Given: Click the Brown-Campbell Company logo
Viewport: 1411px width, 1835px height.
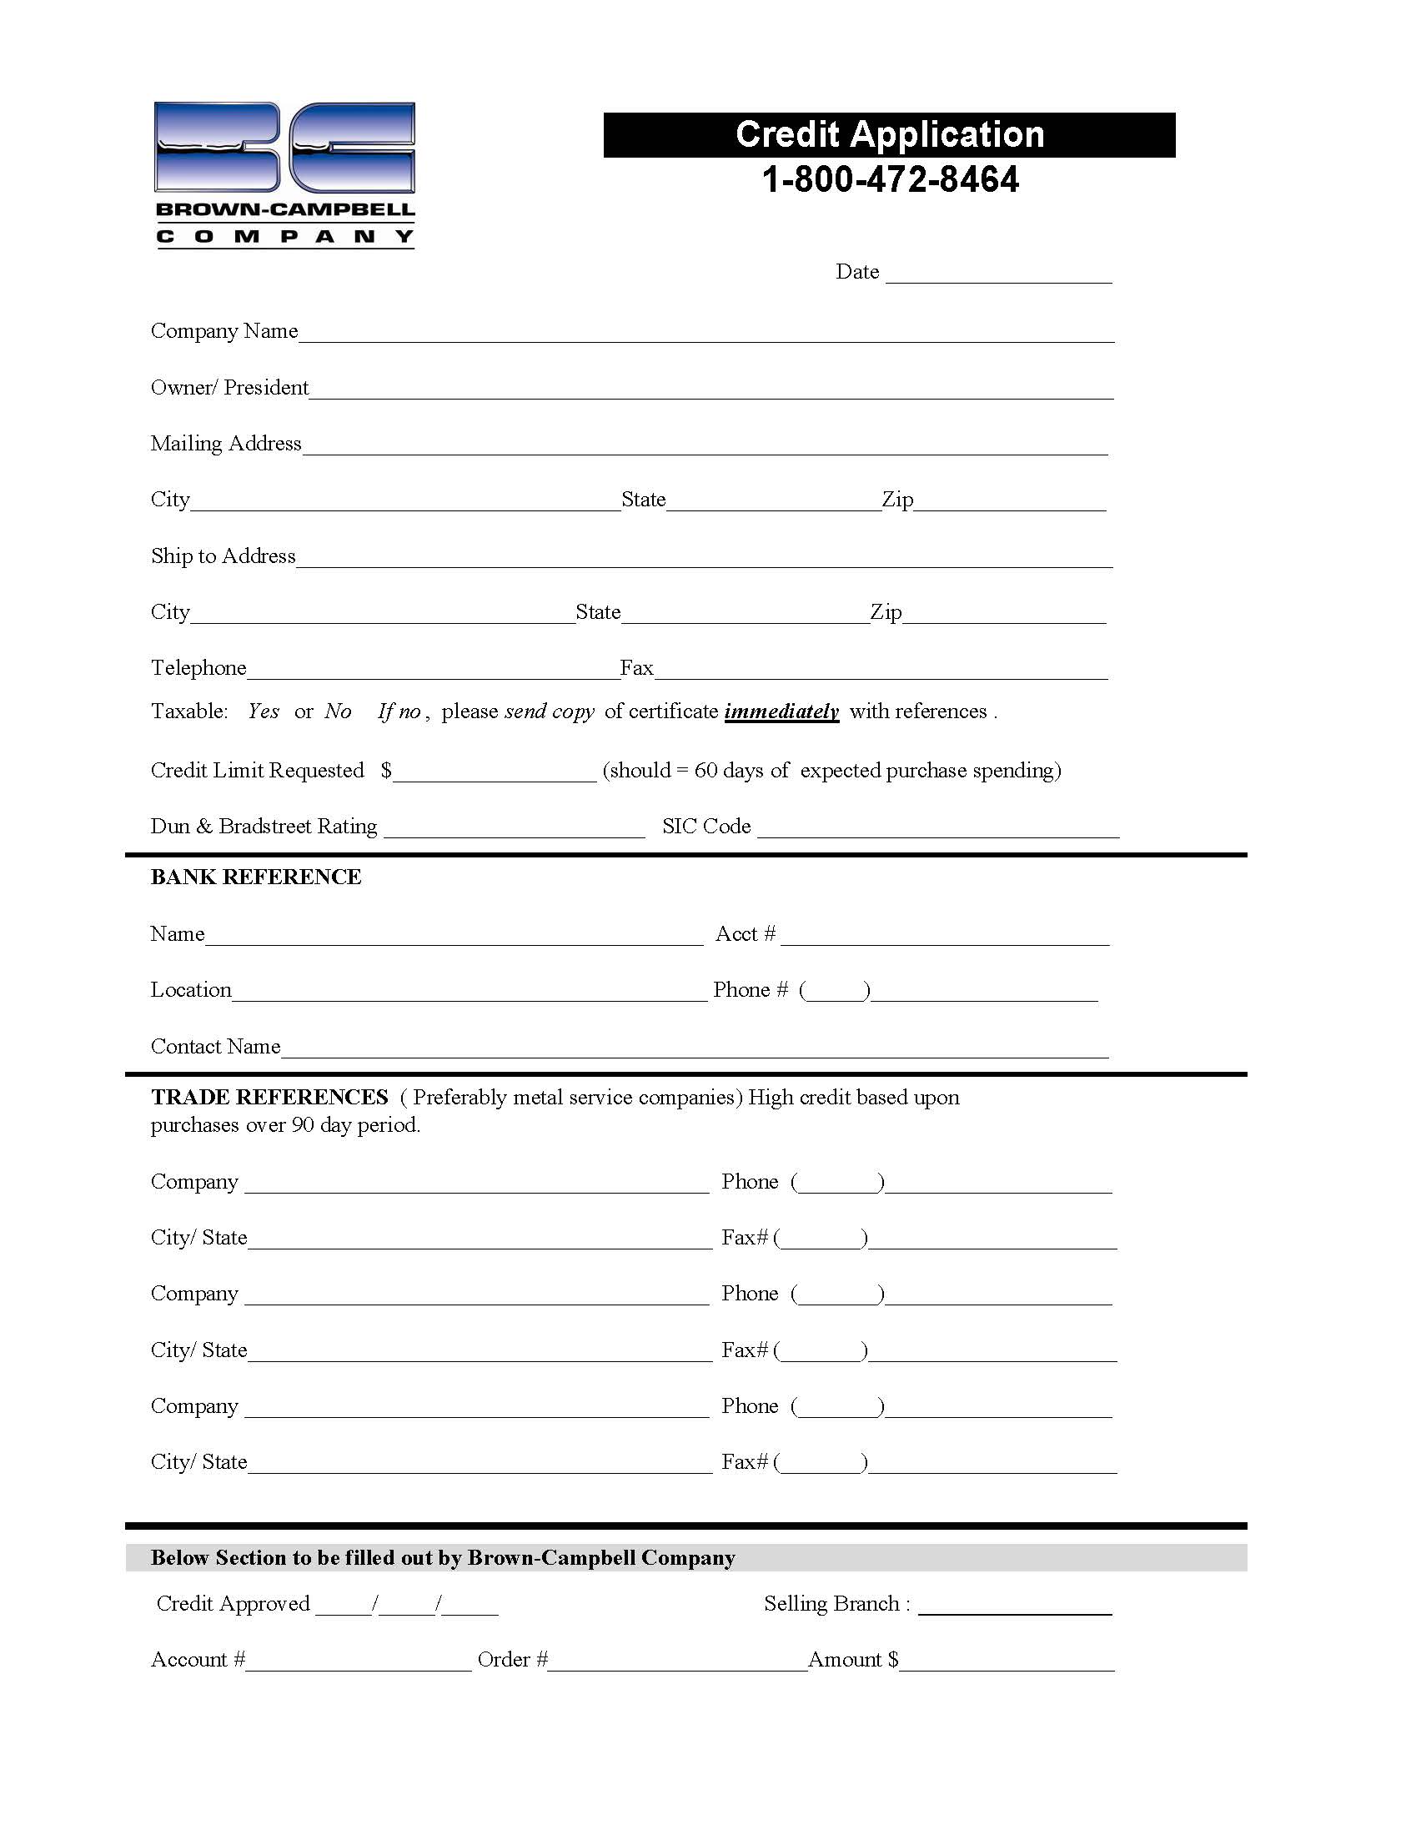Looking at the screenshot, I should [x=284, y=173].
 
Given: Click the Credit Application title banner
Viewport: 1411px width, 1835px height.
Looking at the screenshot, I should [x=889, y=135].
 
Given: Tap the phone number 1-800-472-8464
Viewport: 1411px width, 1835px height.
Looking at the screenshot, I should [x=890, y=179].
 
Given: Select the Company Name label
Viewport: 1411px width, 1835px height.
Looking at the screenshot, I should [x=224, y=331].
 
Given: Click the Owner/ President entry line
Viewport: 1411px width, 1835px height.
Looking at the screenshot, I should [x=711, y=390].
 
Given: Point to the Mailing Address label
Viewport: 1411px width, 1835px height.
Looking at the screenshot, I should [x=226, y=444].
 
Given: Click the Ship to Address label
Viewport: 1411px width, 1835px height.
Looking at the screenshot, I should [x=223, y=556].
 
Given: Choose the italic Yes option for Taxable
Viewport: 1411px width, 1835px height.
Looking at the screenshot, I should [x=264, y=711].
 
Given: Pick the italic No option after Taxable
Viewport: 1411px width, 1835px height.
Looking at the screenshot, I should [x=338, y=711].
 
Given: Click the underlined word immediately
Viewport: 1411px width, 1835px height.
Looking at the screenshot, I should [x=781, y=711].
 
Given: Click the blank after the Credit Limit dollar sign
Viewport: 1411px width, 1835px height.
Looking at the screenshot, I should [x=495, y=772].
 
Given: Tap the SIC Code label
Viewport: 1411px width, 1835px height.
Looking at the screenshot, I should [x=706, y=827].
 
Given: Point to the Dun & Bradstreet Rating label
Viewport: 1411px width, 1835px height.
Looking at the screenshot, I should [x=264, y=827].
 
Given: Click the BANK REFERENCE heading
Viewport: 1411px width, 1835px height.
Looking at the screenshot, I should [x=256, y=877].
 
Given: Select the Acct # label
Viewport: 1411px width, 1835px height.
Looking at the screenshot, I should [x=745, y=934].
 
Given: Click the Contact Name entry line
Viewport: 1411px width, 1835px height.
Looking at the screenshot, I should [x=695, y=1049].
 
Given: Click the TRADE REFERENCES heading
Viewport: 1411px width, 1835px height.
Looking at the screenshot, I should [x=269, y=1097].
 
